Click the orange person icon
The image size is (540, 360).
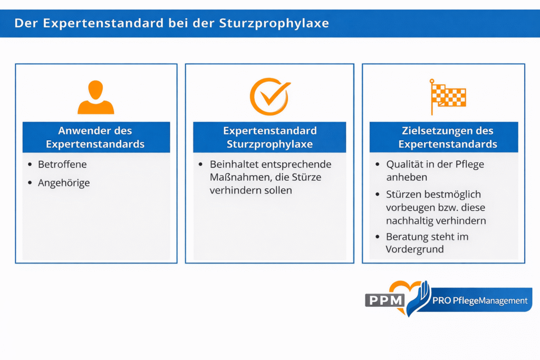point(95,98)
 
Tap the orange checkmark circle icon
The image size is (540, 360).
point(269,96)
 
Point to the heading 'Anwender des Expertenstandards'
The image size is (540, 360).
point(95,137)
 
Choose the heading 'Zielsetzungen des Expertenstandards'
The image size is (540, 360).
point(447,137)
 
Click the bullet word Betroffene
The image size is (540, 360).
point(62,164)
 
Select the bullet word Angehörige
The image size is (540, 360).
point(64,183)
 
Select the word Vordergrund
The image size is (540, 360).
point(414,249)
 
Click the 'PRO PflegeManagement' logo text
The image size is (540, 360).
point(479,301)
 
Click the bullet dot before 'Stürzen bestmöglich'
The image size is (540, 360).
point(378,195)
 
